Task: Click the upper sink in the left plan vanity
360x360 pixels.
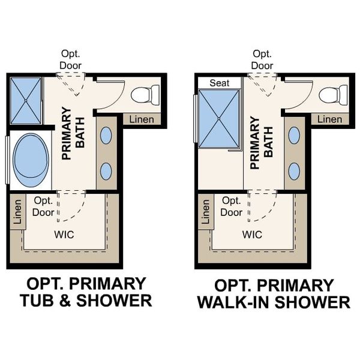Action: click(106, 136)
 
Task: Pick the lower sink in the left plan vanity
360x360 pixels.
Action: click(106, 172)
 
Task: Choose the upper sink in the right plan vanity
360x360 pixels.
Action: click(294, 136)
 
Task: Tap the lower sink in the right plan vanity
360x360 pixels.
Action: click(294, 172)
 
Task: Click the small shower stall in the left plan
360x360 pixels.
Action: click(25, 100)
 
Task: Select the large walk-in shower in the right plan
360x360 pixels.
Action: click(219, 118)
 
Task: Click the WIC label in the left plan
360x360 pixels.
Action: click(64, 235)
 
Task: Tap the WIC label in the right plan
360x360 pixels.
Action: click(252, 235)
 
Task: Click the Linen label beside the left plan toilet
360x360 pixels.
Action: click(142, 119)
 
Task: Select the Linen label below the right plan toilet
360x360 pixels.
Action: click(329, 119)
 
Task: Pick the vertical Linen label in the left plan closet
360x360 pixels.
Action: click(17, 212)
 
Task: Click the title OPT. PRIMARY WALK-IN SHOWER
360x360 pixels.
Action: click(274, 293)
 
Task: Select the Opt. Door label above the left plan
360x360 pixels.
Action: click(70, 59)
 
